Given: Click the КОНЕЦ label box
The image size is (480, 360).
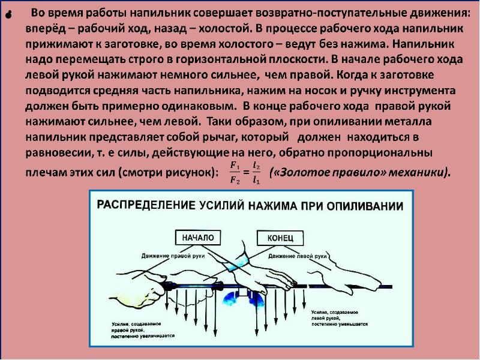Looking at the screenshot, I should (x=279, y=238).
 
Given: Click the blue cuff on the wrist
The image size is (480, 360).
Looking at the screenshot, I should (x=236, y=262).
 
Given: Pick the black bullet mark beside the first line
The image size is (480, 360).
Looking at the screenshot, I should (x=8, y=16).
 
